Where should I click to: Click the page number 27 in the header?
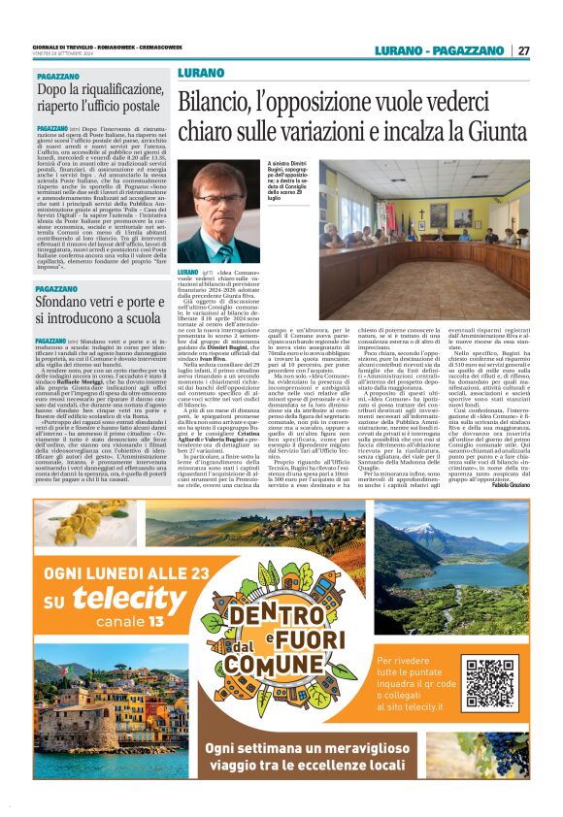[x=523, y=51]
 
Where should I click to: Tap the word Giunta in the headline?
[x=490, y=131]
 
